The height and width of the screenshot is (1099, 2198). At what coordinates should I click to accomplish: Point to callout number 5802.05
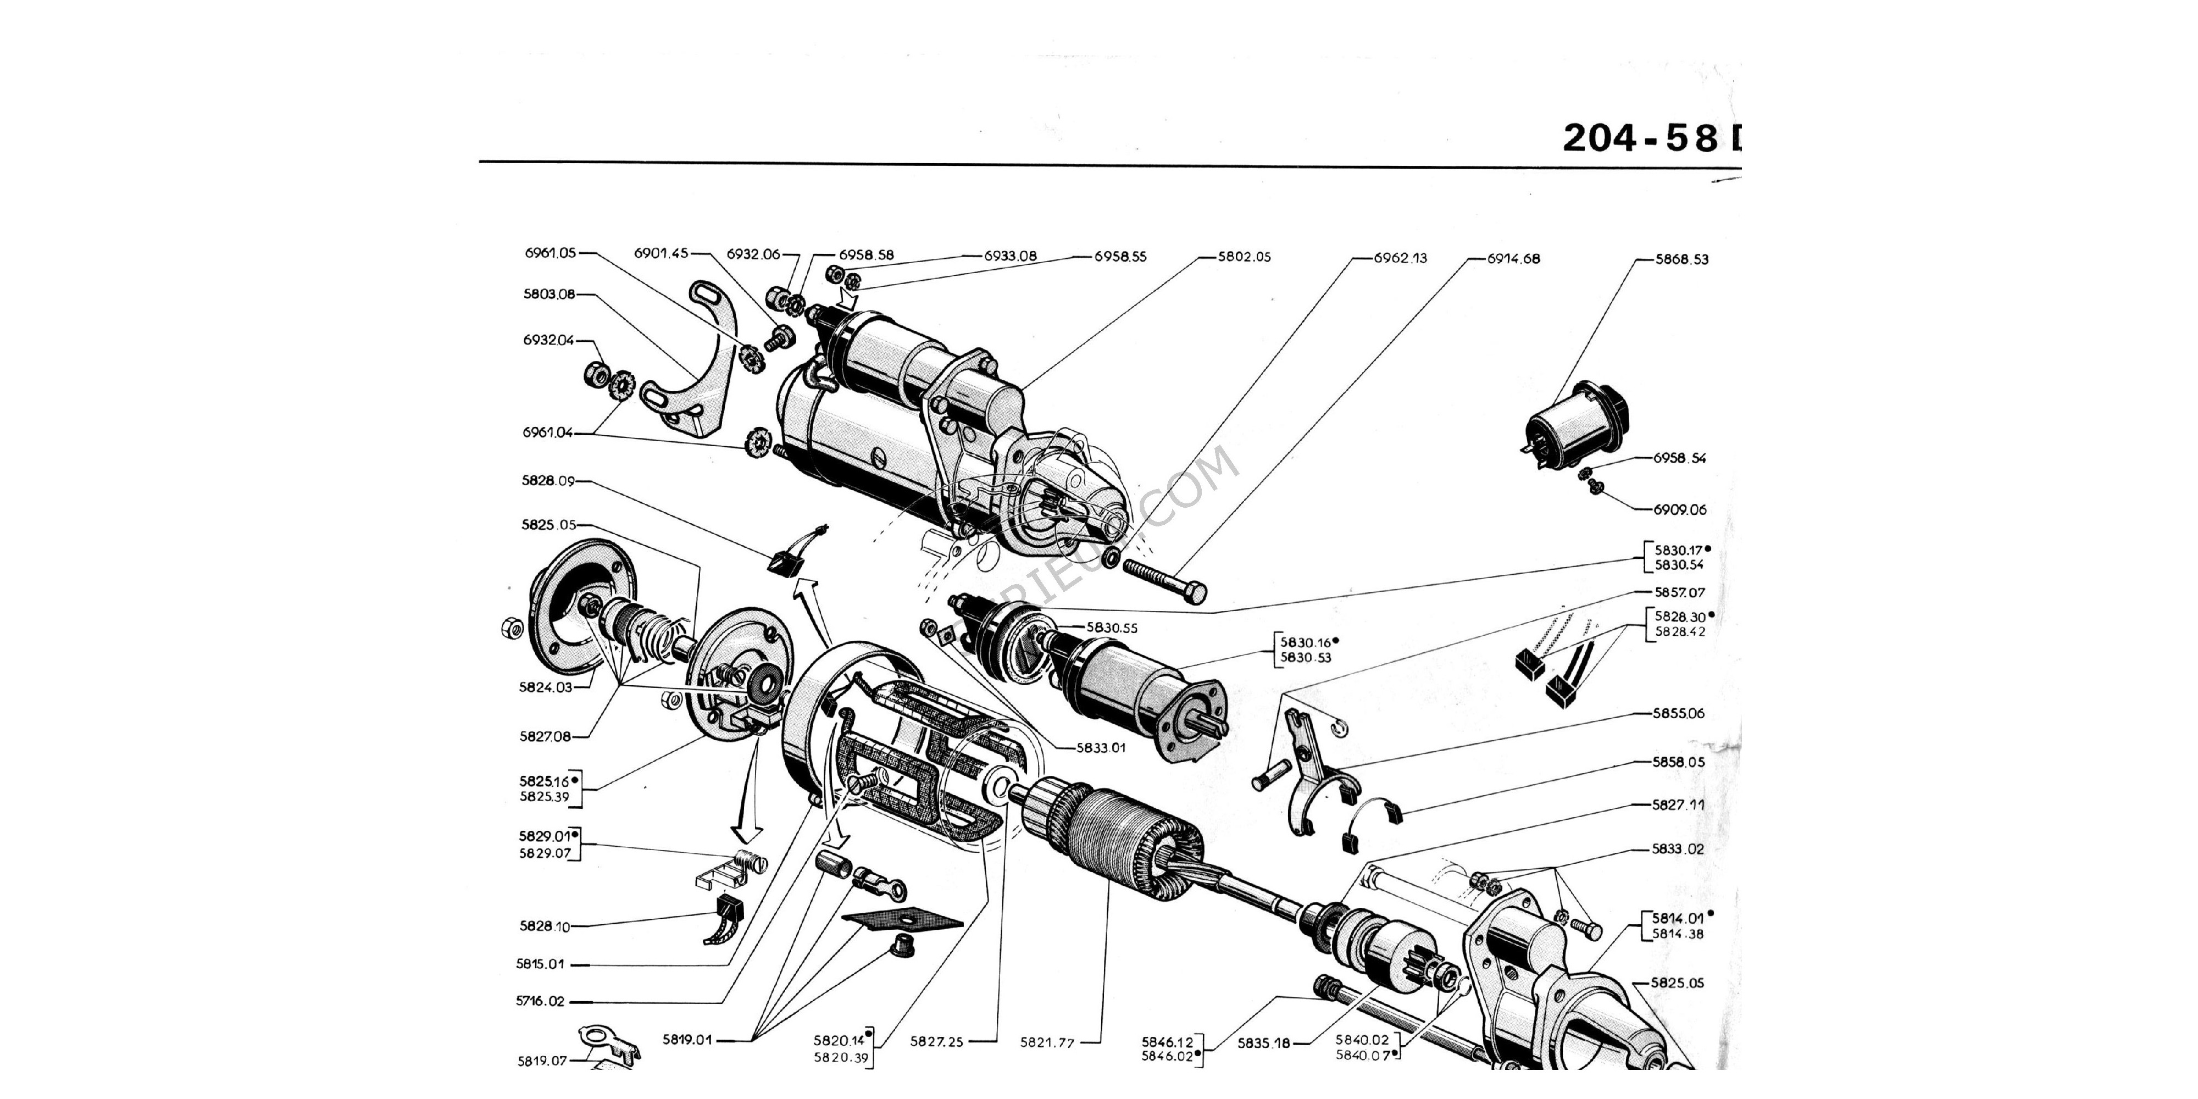coord(1244,257)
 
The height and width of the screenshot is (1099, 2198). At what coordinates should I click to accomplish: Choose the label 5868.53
coord(1682,259)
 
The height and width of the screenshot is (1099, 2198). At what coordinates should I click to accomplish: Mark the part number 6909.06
coord(1679,510)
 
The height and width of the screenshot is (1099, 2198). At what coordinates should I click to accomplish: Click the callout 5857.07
coord(1679,592)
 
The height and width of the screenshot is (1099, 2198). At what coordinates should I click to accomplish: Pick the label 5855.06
coord(1678,713)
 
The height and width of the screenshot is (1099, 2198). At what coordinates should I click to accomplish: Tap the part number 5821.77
coord(1047,1042)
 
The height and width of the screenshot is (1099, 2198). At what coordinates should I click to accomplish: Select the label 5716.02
coord(540,1001)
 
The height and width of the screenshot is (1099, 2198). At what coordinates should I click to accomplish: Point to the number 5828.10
coord(545,926)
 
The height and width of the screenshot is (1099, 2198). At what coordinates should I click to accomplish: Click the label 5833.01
coord(1101,747)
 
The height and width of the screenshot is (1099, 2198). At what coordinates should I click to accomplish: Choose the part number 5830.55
coord(1112,628)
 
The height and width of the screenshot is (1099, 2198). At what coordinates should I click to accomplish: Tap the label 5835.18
coord(1264,1043)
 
